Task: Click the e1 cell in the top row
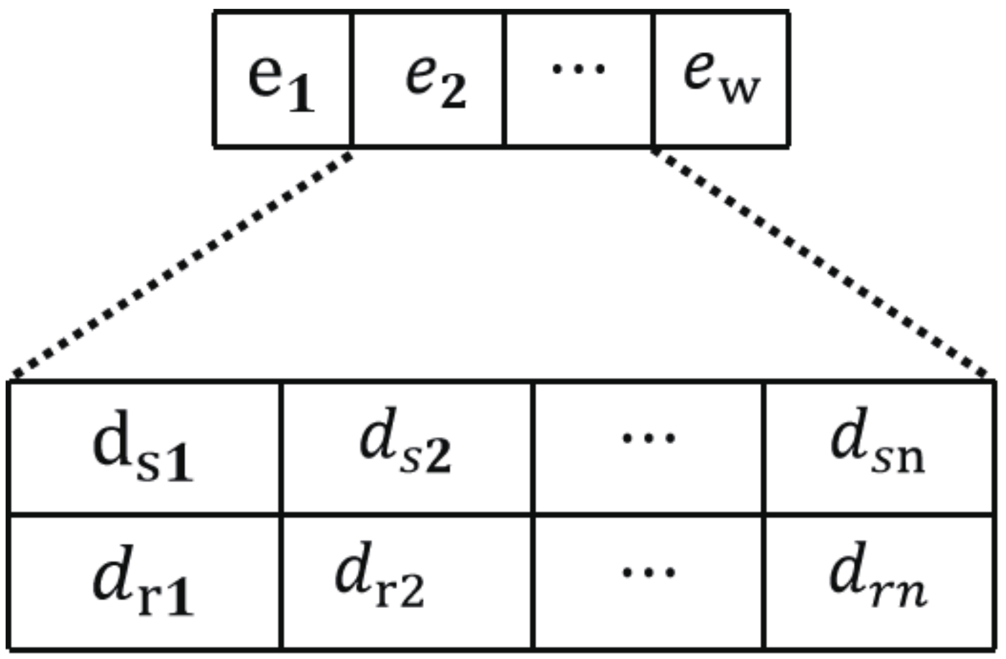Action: pos(282,79)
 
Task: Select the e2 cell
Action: pos(428,79)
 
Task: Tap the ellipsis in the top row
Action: pos(578,69)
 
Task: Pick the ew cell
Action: pos(721,79)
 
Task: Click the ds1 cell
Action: pos(144,448)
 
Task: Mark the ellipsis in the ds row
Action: pos(648,438)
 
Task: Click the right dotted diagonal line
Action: pos(821,264)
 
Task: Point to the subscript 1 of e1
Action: pos(302,94)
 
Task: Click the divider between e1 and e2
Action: pos(352,79)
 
